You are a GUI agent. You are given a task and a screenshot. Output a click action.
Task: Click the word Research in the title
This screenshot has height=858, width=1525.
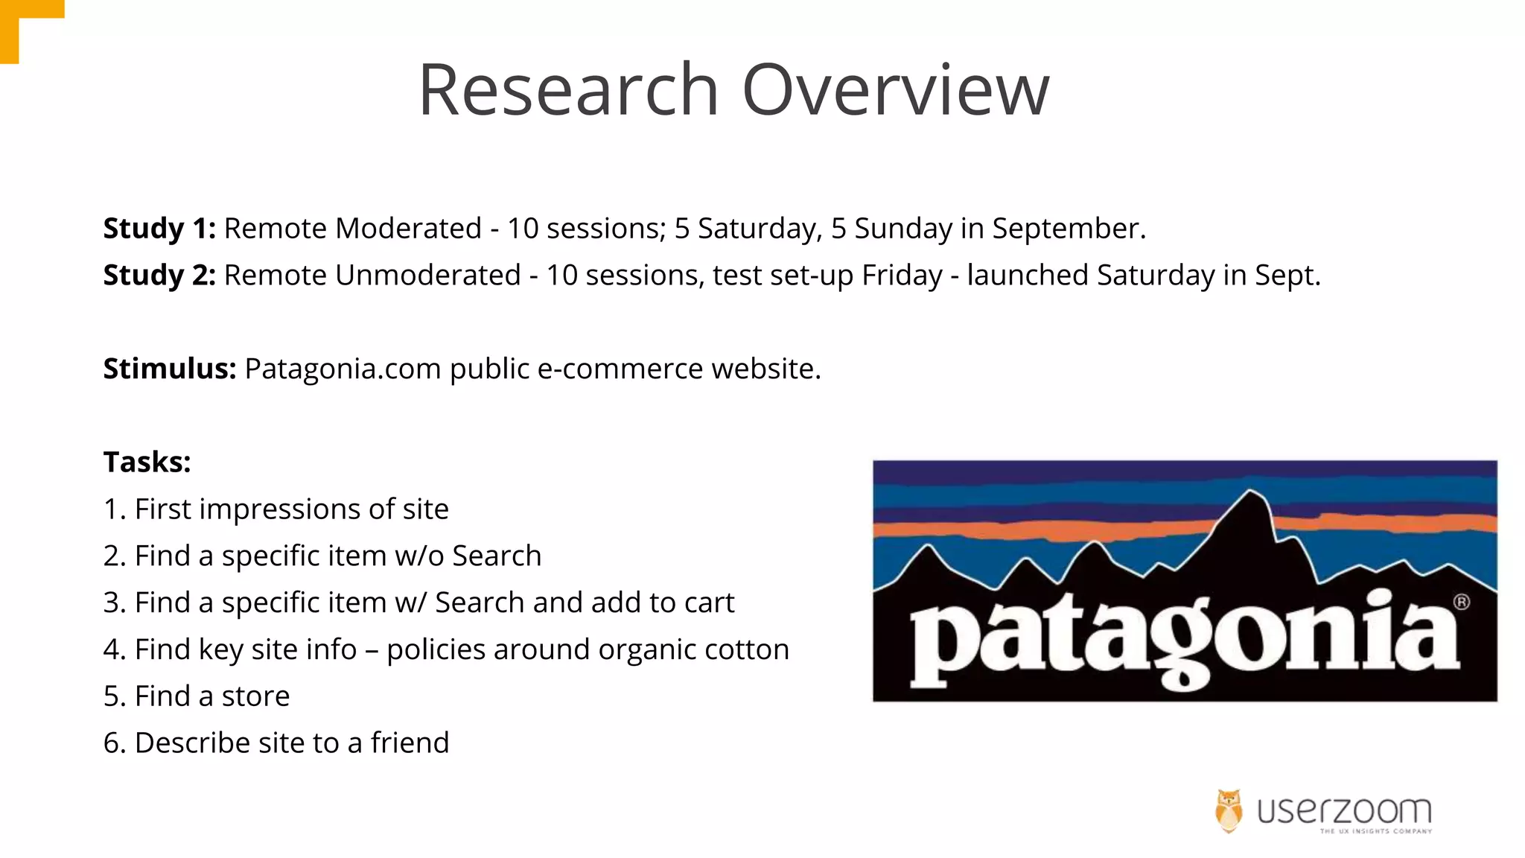click(x=568, y=90)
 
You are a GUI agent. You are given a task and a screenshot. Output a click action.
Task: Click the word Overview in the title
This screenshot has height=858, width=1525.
click(x=896, y=90)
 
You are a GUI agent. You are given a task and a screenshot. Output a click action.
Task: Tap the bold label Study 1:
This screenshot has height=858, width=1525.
click(x=159, y=229)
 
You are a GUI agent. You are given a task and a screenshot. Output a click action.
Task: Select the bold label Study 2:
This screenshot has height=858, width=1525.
click(x=159, y=276)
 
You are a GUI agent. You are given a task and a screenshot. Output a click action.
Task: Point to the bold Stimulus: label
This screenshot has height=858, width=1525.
click(x=170, y=369)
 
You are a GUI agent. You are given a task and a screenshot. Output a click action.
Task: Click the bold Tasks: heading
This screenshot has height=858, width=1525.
click(x=147, y=463)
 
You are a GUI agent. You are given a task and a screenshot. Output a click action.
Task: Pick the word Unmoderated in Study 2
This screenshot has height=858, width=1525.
click(x=427, y=276)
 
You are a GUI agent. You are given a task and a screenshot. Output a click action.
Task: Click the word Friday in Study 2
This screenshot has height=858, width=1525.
click(x=902, y=276)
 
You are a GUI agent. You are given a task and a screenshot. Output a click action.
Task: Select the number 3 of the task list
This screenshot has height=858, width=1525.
click(x=111, y=603)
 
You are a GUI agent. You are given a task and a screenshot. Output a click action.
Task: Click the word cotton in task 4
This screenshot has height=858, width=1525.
click(x=747, y=649)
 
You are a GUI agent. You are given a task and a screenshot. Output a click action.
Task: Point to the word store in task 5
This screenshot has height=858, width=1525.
click(x=255, y=696)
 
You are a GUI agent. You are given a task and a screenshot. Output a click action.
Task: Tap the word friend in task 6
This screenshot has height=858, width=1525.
click(x=410, y=743)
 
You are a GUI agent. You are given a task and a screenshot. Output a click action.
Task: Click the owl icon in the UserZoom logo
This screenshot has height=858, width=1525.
click(x=1229, y=810)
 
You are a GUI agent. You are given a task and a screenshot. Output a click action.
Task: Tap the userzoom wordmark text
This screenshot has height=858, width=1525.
click(x=1344, y=810)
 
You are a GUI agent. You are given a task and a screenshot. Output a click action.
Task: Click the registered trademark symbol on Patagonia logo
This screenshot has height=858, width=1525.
click(x=1461, y=602)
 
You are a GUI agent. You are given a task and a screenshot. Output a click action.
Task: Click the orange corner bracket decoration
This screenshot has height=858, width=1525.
click(x=22, y=22)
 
